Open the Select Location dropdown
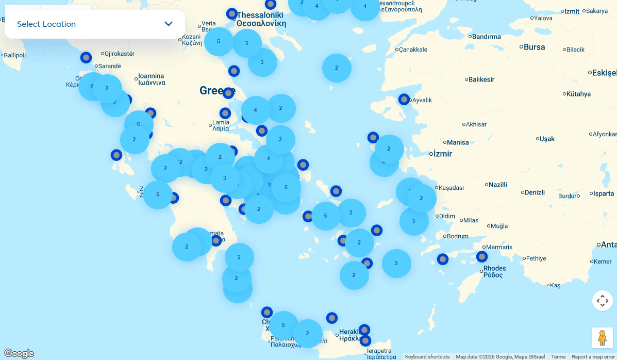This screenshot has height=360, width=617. [95, 24]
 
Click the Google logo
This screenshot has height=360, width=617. [19, 353]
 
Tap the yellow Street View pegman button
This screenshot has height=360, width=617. [602, 338]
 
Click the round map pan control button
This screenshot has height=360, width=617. [602, 301]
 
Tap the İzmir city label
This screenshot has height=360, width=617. [443, 154]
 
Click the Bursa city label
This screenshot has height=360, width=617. [534, 47]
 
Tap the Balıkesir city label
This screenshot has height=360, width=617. [481, 79]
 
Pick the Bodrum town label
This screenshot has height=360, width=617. [457, 236]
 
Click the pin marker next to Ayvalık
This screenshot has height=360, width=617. [404, 99]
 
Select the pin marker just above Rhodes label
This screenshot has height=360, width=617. [482, 256]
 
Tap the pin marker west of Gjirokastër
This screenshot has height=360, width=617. [86, 57]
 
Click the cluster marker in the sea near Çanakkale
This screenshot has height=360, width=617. [337, 68]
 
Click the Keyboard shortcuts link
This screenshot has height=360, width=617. [427, 357]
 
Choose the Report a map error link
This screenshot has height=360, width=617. [593, 357]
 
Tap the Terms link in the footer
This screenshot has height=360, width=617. [558, 357]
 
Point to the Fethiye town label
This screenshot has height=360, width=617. [536, 258]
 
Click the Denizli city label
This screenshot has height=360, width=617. [535, 192]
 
